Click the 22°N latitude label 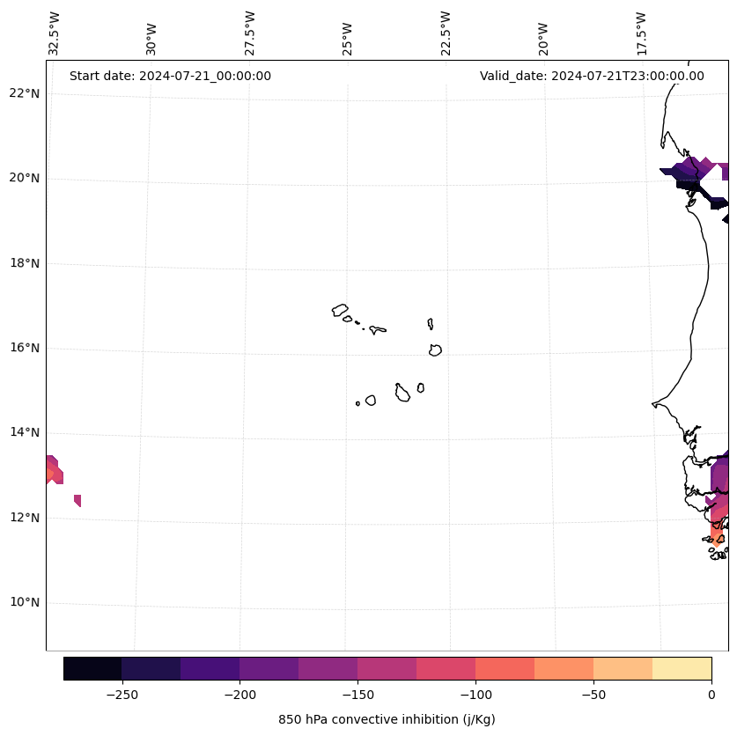(x=23, y=94)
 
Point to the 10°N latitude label (x=23, y=603)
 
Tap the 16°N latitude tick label (x=23, y=349)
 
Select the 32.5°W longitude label (x=55, y=33)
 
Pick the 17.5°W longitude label (x=642, y=33)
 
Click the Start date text (x=170, y=76)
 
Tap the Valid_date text (x=592, y=76)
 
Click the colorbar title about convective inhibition (x=387, y=719)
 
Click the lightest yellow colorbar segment (x=682, y=668)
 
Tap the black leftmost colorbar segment (x=92, y=668)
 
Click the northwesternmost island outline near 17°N (x=340, y=310)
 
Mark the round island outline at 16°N (x=435, y=350)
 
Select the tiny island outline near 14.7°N (x=357, y=403)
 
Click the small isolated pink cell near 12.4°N (x=77, y=500)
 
